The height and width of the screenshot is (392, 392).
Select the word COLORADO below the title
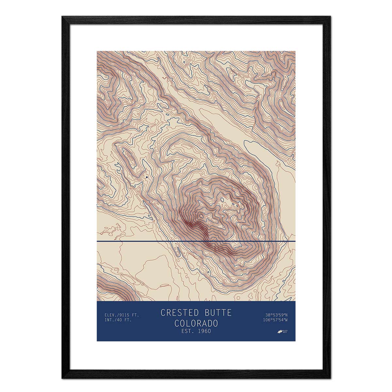[196, 323]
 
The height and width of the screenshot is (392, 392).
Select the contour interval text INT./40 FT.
[118, 320]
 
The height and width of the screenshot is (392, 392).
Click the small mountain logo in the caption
[280, 332]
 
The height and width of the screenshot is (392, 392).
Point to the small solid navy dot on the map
[147, 177]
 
